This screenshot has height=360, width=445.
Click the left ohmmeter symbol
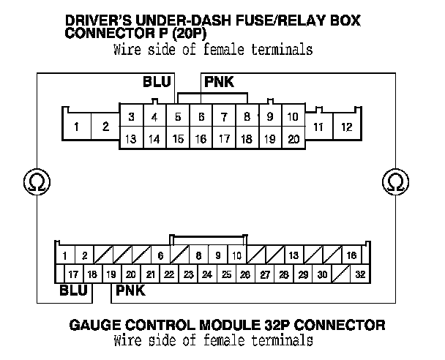[x=34, y=180]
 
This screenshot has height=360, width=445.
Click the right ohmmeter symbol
[x=395, y=180]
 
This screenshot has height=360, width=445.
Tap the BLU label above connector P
[x=157, y=82]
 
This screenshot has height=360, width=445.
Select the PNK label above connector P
[x=219, y=82]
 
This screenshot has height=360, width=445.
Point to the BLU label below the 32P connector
[x=75, y=290]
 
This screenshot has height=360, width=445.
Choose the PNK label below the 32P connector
[x=130, y=290]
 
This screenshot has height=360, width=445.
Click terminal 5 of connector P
[x=178, y=117]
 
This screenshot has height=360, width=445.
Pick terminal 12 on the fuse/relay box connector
[x=346, y=127]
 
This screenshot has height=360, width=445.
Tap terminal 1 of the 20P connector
[x=77, y=127]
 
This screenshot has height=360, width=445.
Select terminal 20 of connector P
[x=293, y=138]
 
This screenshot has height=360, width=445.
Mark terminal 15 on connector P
[x=178, y=138]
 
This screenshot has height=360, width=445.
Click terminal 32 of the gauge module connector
[x=359, y=274]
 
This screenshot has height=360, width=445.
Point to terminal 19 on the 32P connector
[x=111, y=274]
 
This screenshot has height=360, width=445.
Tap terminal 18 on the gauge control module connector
[x=91, y=274]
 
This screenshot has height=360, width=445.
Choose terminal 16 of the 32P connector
[x=352, y=255]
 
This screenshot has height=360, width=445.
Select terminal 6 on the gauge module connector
[x=160, y=255]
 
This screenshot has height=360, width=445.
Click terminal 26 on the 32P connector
[x=245, y=274]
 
